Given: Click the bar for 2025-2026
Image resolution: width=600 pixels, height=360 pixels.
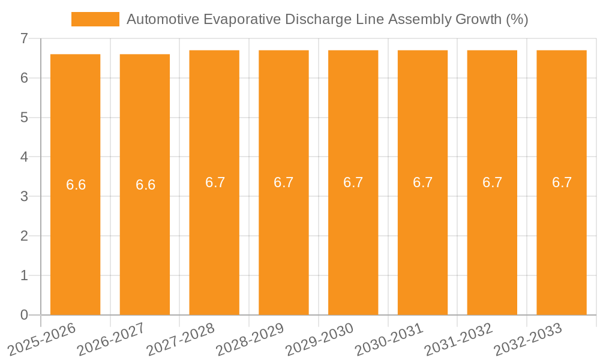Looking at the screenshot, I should pos(75,240).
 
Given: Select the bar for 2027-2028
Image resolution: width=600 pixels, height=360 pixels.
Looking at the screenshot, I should pos(214,240).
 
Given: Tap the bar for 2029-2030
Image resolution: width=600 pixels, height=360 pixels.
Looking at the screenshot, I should pos(353,240).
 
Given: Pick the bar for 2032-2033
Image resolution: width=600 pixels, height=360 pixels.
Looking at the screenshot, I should pos(562,240).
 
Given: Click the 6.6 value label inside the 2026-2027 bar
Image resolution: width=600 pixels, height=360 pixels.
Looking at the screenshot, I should pos(145,185).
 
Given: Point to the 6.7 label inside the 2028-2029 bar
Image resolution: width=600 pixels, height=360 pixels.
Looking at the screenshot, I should pos(284,182).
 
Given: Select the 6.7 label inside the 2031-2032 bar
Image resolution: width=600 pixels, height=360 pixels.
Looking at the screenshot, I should pos(492,182).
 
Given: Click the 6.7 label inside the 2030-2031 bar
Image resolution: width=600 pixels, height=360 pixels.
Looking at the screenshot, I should pos(422,182).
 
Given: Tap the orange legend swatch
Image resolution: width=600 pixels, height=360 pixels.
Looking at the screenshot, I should pos(95,19).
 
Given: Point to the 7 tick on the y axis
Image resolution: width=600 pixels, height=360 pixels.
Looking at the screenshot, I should pos(24,38).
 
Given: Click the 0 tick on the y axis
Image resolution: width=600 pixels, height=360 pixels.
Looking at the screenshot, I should pos(24,315).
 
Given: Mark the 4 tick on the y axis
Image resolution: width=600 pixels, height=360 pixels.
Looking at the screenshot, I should pos(24,157).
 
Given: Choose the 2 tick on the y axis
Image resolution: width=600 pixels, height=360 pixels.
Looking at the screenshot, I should pos(24,236).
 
